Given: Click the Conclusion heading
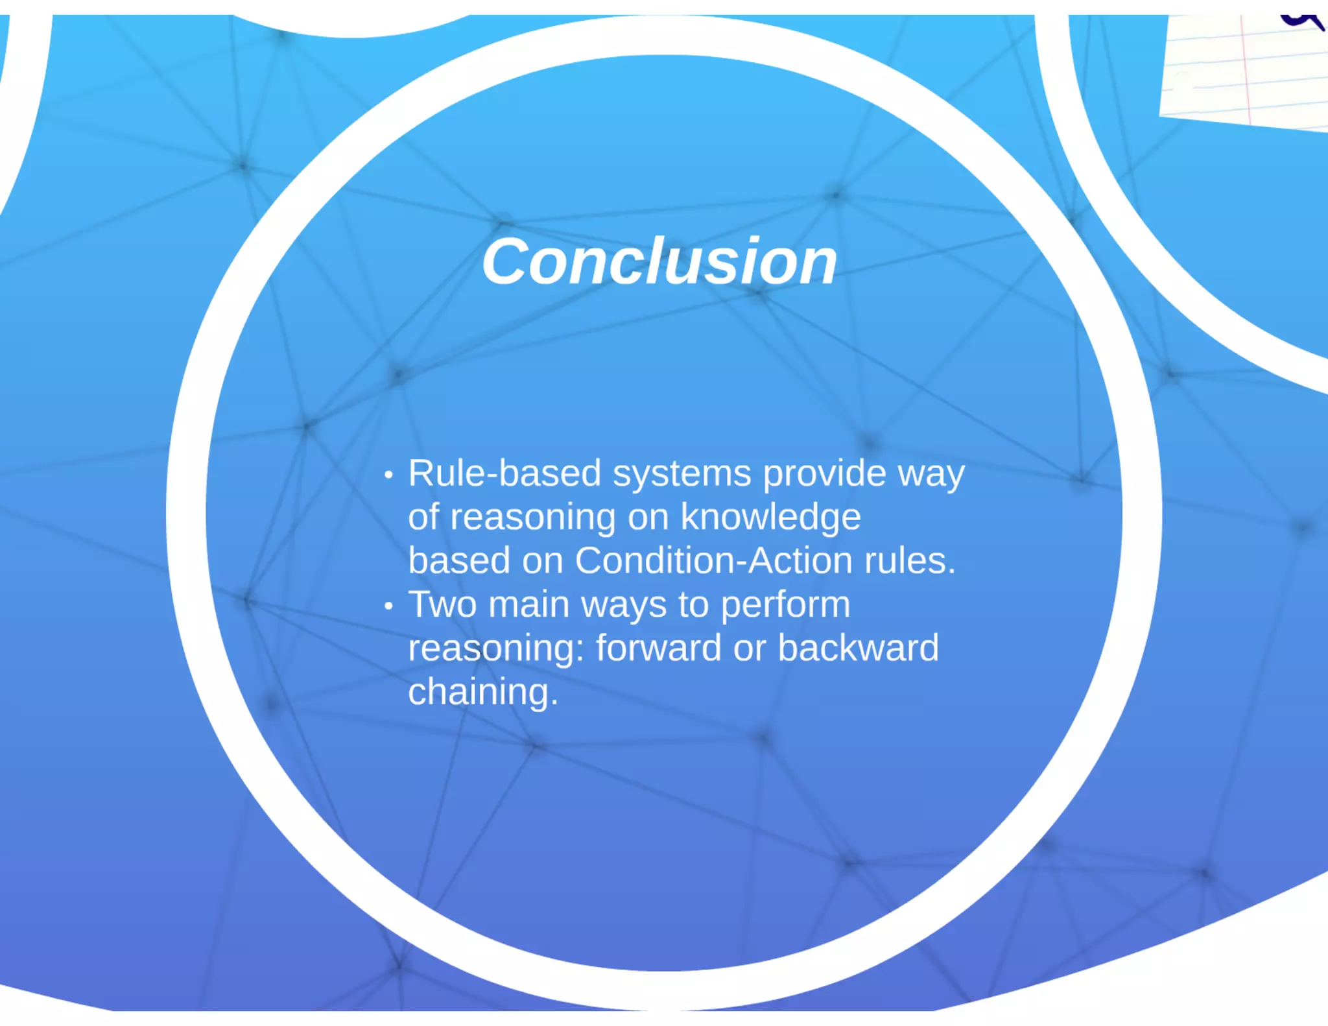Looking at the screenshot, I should pos(659,261).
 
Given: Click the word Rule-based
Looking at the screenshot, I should pos(504,473).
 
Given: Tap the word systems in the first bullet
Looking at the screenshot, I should pos(682,474).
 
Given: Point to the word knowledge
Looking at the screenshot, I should pos(770,518).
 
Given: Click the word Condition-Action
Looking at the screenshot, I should pos(713,560).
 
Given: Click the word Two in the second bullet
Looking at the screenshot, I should pos(442,604).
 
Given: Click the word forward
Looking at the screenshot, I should pos(658,648).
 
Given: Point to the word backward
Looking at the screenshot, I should pos(858,648).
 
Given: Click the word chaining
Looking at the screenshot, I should pos(482,692).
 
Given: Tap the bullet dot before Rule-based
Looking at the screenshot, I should pos(388,475).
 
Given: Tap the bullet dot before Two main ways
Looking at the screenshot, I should pos(388,606).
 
